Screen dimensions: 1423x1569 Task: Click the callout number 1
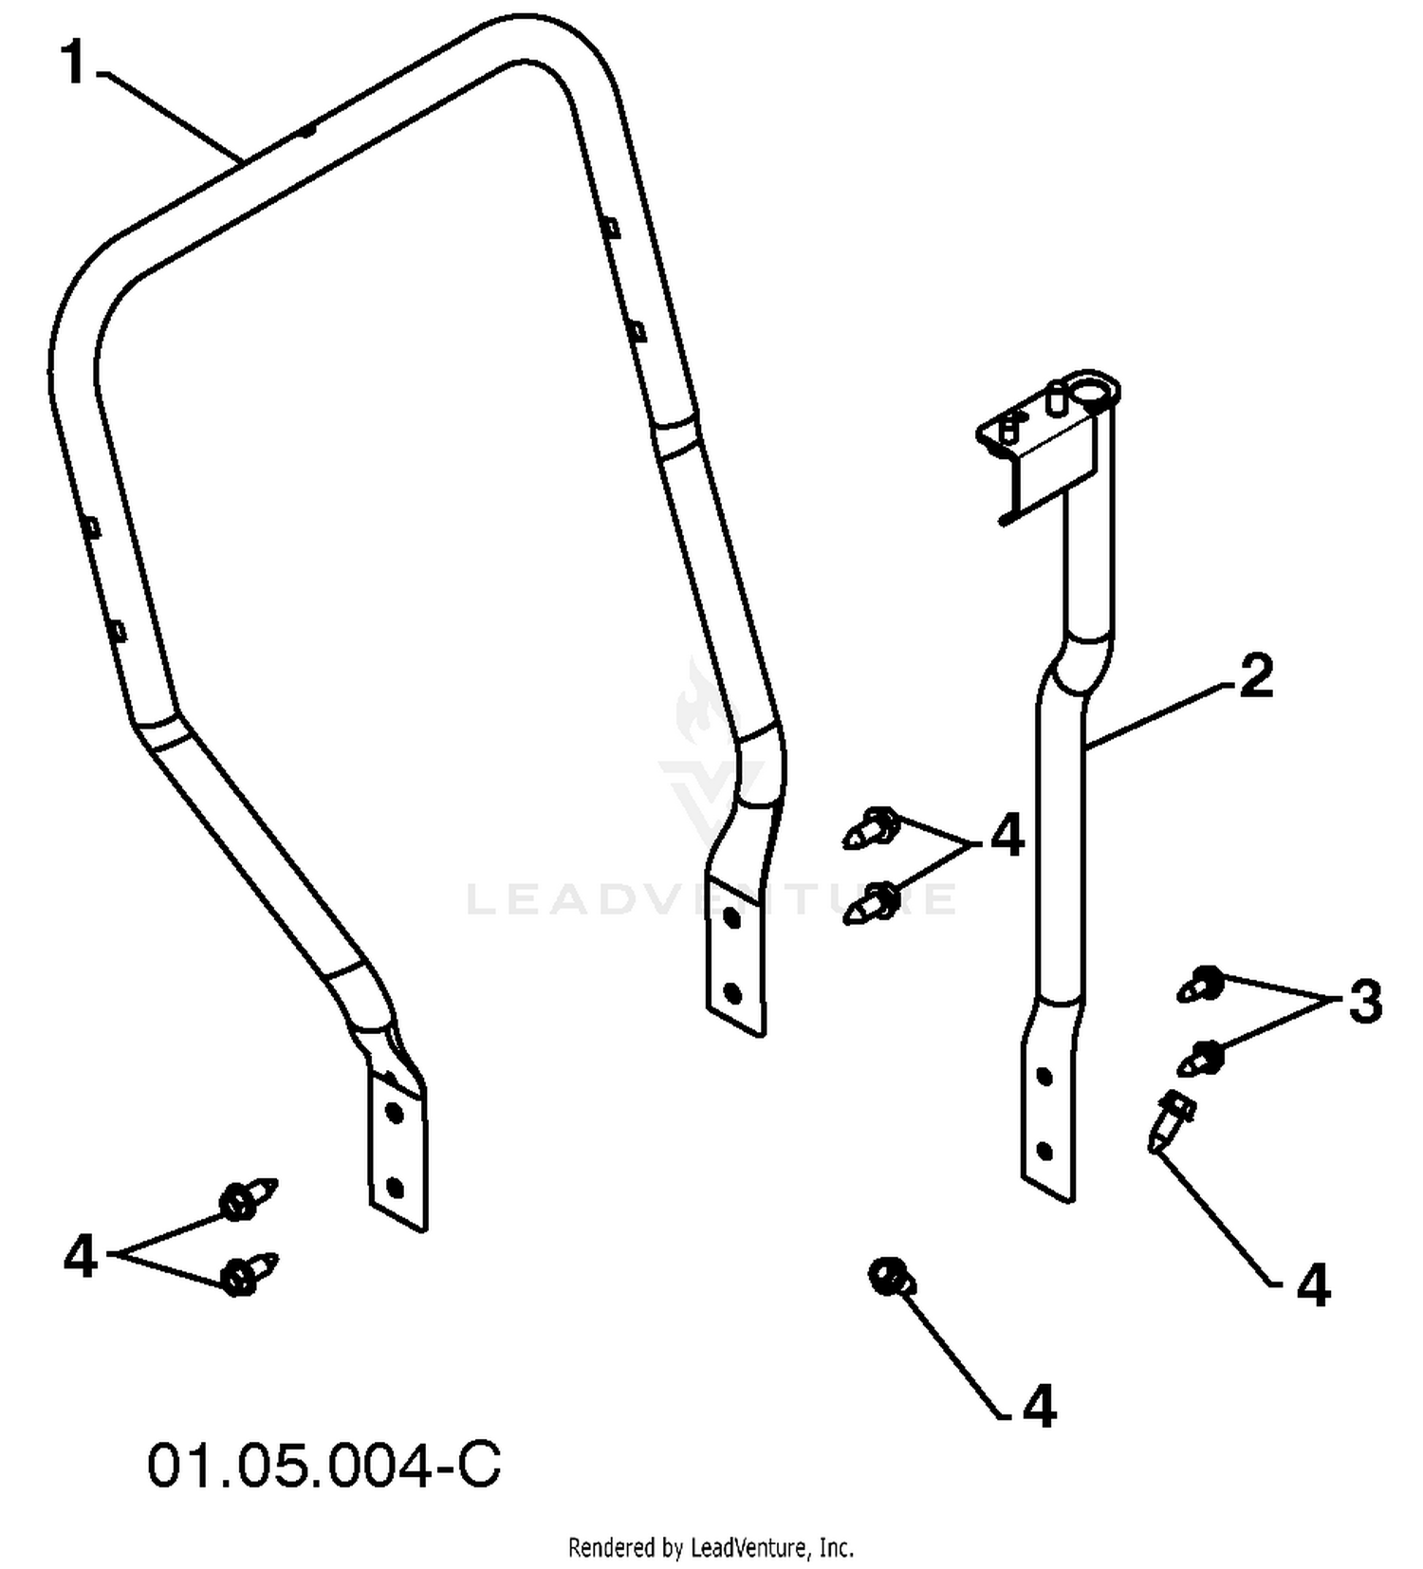(75, 64)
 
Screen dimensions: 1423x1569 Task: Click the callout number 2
(1255, 677)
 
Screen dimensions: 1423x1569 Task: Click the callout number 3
(1364, 1002)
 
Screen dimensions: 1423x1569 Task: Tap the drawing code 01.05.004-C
(324, 1466)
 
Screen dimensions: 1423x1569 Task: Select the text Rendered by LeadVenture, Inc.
(711, 1548)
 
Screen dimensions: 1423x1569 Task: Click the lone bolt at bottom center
(892, 1278)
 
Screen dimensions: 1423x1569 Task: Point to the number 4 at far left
(81, 1258)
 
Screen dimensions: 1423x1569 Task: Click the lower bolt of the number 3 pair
(1201, 1058)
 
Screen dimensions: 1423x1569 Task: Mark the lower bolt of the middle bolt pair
(871, 902)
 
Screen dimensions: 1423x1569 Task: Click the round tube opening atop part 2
(1094, 390)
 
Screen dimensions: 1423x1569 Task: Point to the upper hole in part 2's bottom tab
(1044, 1077)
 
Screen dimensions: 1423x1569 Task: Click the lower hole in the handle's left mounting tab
(396, 1187)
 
